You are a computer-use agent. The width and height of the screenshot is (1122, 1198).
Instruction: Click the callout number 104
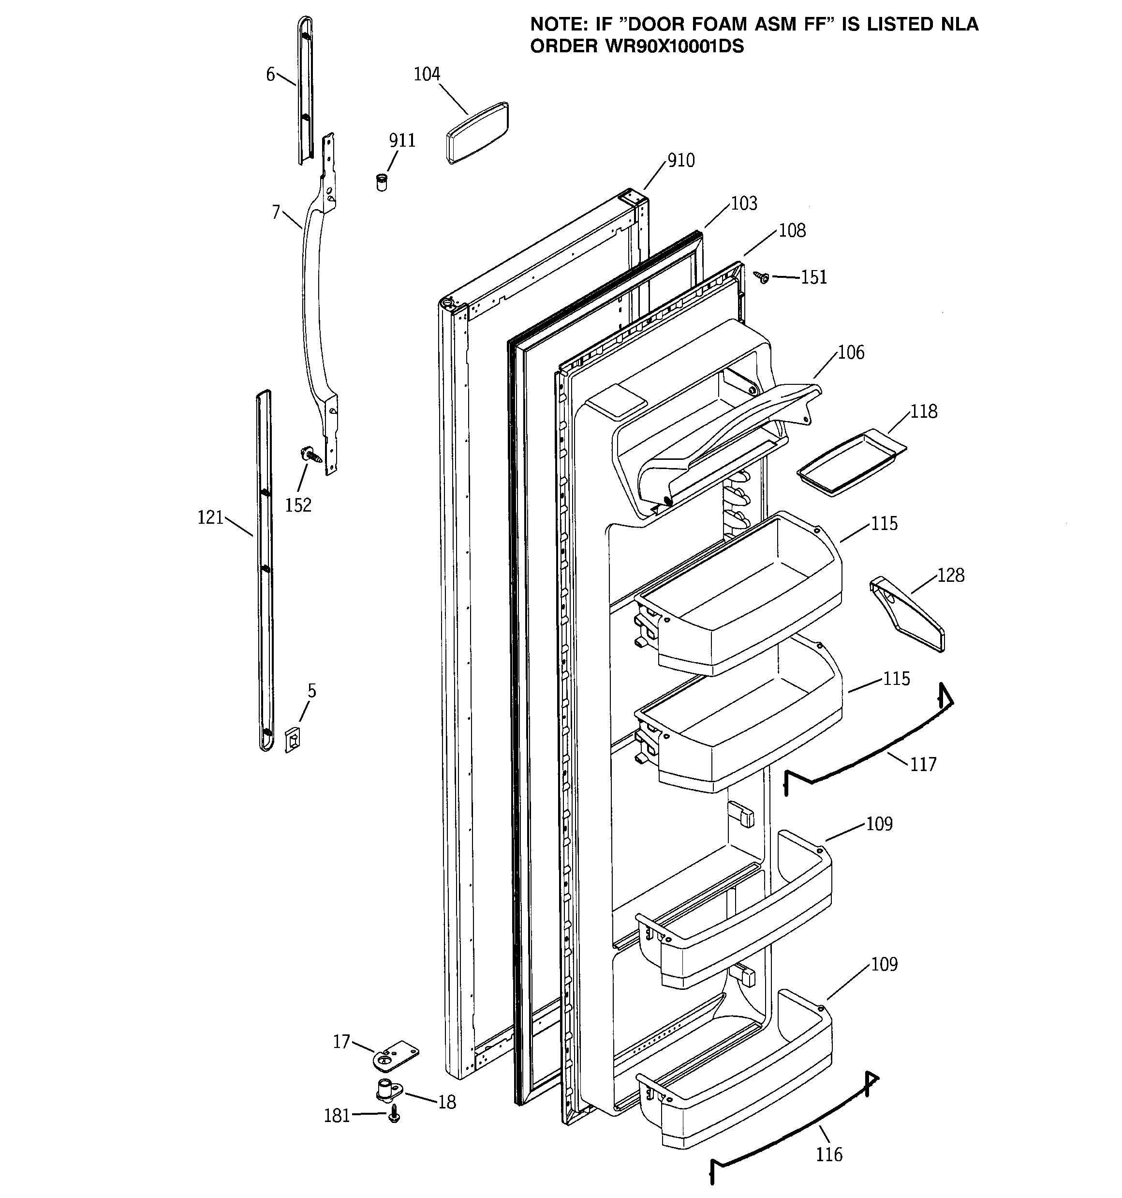[x=427, y=75]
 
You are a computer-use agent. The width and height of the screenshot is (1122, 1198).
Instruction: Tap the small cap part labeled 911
[x=381, y=182]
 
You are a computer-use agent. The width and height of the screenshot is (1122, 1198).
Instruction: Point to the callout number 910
[x=680, y=161]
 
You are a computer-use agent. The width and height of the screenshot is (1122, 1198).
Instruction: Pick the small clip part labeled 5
[x=293, y=740]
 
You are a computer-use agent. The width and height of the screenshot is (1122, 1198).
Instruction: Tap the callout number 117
[x=923, y=765]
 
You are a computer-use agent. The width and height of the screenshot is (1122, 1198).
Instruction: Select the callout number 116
[x=829, y=1154]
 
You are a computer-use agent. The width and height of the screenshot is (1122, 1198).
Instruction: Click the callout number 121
[x=210, y=517]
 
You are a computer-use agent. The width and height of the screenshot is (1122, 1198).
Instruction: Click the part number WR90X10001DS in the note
[x=673, y=47]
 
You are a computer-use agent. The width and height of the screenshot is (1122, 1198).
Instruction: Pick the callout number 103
[x=744, y=204]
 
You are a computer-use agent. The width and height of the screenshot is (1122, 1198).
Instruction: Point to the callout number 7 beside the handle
[x=276, y=212]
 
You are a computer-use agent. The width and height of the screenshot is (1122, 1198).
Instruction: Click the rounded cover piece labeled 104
[x=477, y=133]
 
